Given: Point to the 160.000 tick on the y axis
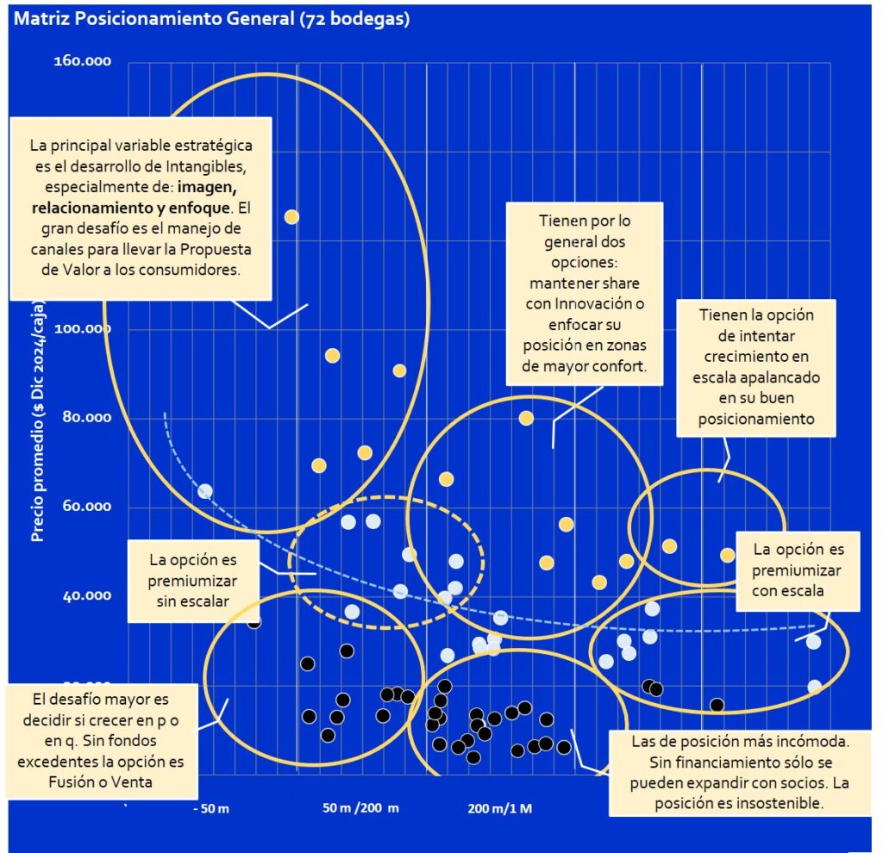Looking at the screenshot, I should [87, 62].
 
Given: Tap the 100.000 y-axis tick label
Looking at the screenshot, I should [87, 330].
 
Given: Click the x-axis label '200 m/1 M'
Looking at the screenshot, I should [499, 809].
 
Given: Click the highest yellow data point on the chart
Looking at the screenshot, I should [291, 217].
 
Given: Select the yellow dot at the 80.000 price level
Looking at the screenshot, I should [526, 419].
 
